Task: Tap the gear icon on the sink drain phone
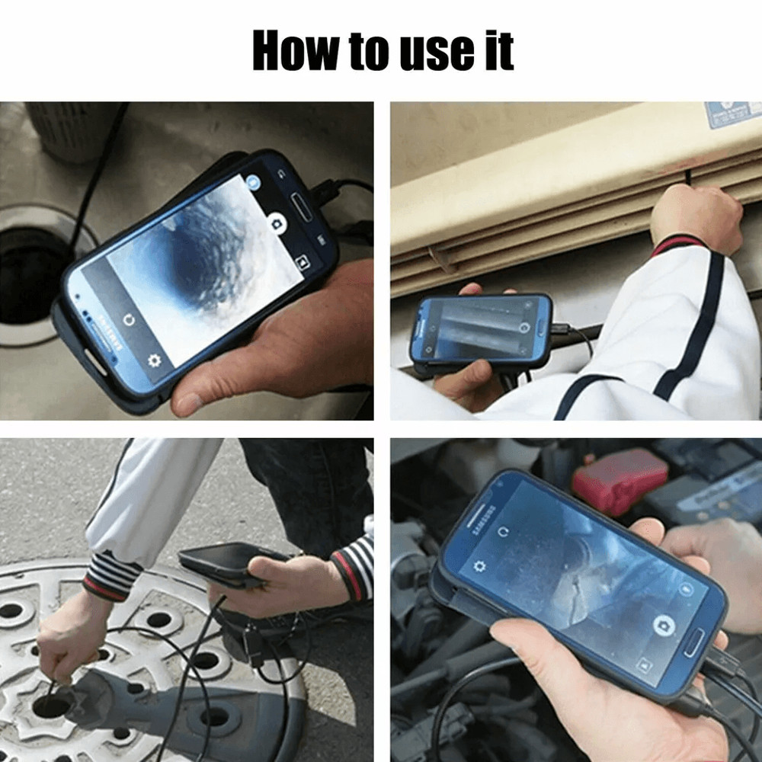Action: (155, 361)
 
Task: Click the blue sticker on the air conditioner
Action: (732, 115)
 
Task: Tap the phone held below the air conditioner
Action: (480, 329)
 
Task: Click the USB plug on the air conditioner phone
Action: (560, 329)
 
